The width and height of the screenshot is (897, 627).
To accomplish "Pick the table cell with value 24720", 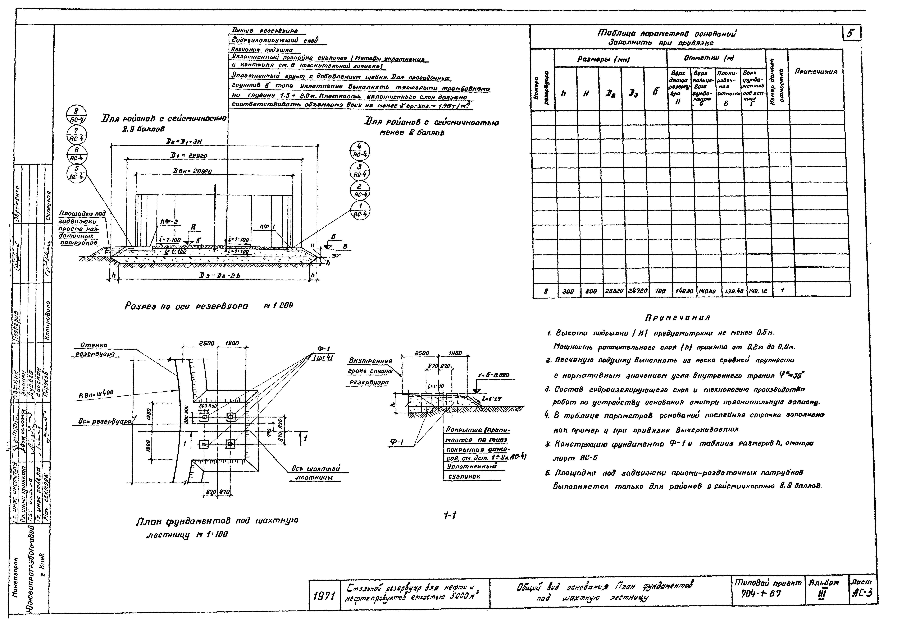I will tap(633, 291).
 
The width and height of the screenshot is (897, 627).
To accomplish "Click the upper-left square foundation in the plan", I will tap(204, 417).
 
